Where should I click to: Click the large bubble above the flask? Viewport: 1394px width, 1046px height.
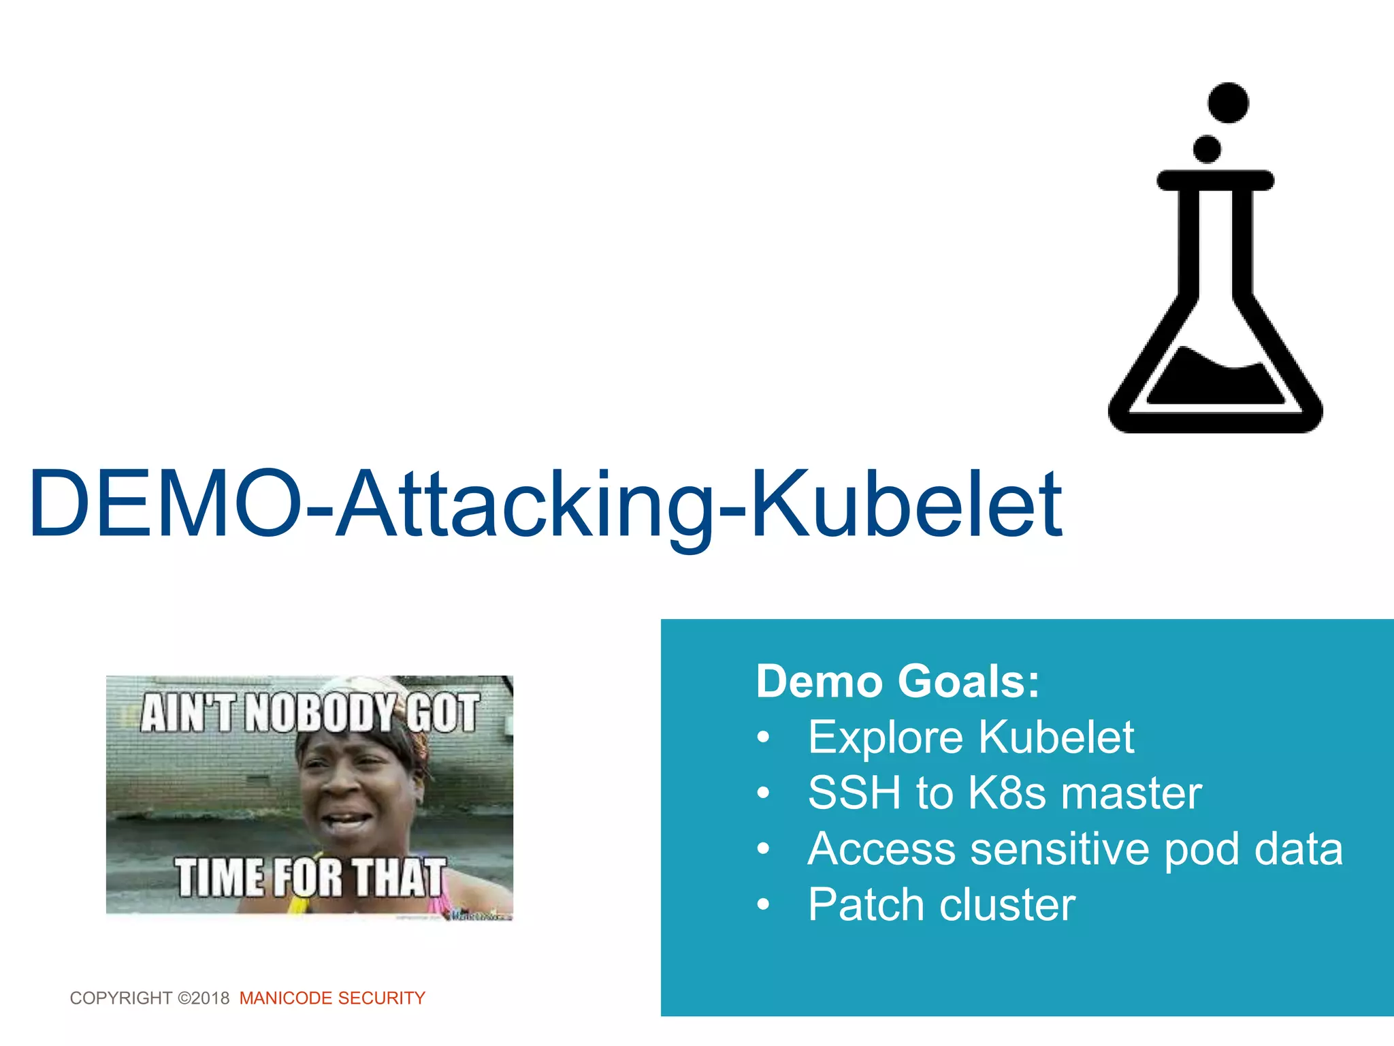click(1228, 103)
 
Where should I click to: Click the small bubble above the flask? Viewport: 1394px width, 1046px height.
click(1207, 149)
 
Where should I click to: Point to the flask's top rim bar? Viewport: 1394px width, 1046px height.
click(1215, 180)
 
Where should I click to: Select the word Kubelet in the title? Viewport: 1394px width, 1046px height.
click(905, 504)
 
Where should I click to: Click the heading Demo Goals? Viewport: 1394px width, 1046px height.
click(898, 681)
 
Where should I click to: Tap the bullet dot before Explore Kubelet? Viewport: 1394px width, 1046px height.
click(764, 738)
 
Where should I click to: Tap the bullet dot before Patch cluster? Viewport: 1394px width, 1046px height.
click(764, 905)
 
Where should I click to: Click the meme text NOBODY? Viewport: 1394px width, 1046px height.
click(320, 712)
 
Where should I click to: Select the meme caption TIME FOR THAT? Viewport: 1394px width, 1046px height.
click(310, 877)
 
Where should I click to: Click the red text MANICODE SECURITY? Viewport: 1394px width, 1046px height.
click(332, 998)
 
